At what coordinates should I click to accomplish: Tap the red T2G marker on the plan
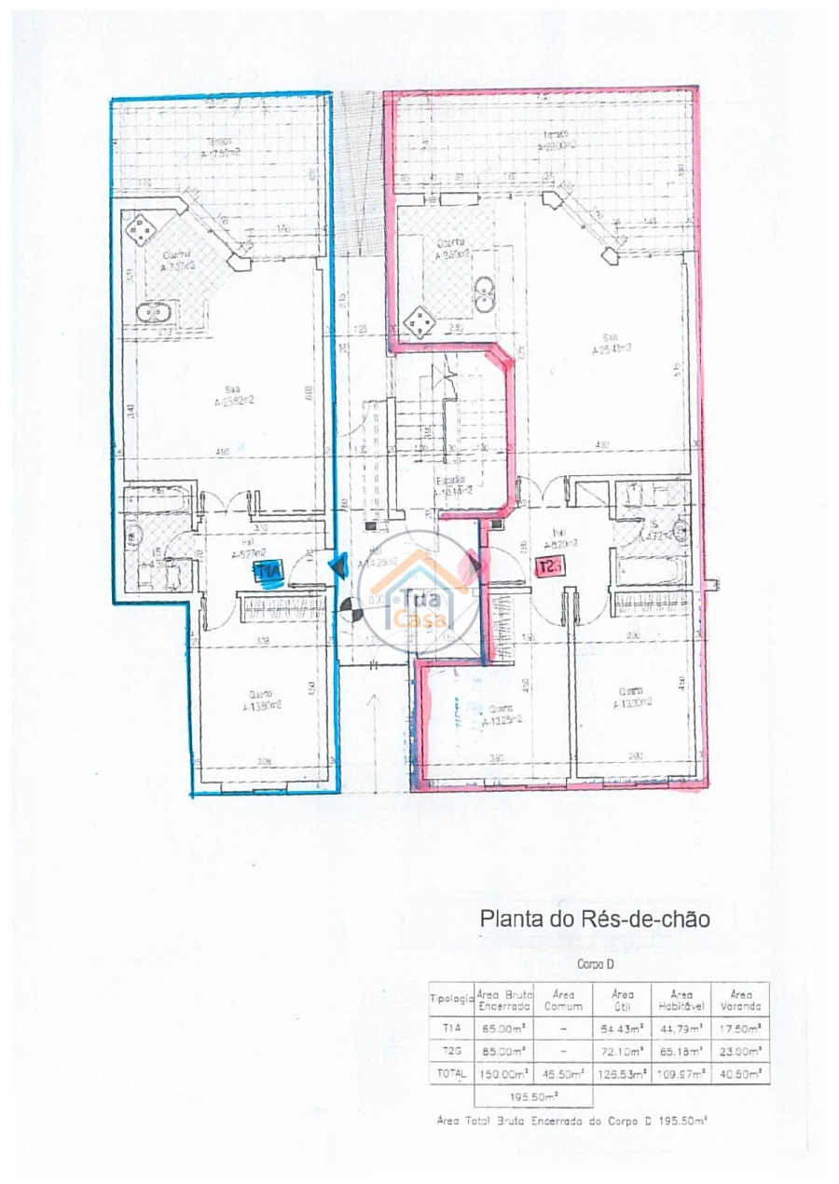[551, 565]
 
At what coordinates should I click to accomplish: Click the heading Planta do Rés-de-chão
[595, 919]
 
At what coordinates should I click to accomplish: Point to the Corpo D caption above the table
[596, 965]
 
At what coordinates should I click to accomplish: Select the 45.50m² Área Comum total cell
[563, 1074]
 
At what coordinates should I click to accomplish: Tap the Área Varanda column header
[740, 1000]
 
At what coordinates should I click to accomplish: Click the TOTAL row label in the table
[452, 1074]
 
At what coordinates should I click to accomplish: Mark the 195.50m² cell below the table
[504, 1096]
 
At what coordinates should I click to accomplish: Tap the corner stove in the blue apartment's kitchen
[143, 226]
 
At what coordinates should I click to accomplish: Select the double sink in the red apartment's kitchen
[485, 293]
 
